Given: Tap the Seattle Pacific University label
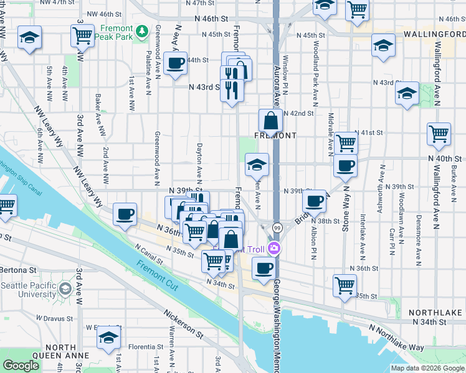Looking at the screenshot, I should pos(30,289).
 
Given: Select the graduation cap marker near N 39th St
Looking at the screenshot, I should pos(256,164).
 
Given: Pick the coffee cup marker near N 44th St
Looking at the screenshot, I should pos(176,63).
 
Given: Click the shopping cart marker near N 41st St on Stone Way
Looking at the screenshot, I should pos(346,142).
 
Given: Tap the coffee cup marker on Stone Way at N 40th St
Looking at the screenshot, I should pos(345,165).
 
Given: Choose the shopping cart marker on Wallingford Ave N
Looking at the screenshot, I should pos(439,133).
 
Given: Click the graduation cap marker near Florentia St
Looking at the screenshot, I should pos(108,338).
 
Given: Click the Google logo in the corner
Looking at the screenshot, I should pos(22,366).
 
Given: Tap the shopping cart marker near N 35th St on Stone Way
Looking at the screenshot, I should pos(345,285).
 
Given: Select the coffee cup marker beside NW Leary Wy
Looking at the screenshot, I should pos(125,214).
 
